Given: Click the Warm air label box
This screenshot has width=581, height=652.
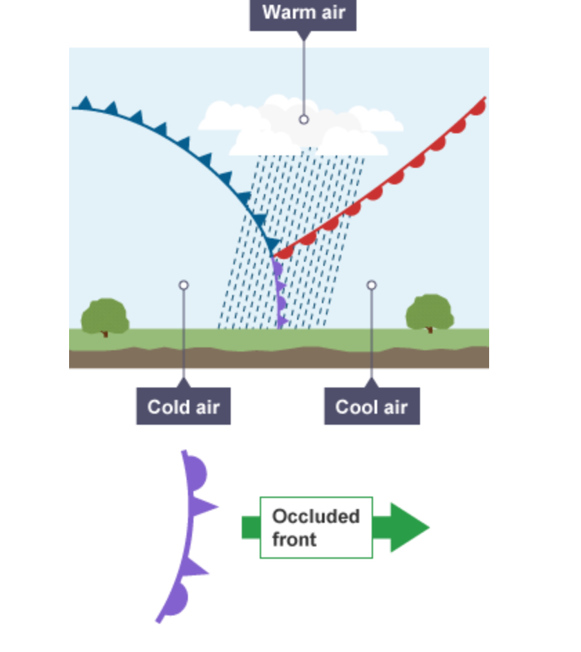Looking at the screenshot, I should (303, 13).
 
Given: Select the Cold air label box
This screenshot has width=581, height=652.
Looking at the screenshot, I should (183, 406).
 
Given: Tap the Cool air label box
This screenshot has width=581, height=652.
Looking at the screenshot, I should (372, 406).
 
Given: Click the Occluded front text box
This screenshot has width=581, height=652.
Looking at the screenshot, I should (316, 528).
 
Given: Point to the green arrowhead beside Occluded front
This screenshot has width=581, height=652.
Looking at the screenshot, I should (408, 528).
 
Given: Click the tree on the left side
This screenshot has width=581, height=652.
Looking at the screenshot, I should (105, 317).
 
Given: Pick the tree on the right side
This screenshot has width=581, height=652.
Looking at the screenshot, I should (429, 313).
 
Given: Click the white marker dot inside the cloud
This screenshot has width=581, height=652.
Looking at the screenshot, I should (304, 119).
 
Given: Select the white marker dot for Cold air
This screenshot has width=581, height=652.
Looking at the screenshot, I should (183, 285).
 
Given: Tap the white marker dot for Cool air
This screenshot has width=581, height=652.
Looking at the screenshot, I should (372, 285).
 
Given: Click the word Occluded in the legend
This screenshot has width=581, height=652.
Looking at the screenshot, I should (316, 517).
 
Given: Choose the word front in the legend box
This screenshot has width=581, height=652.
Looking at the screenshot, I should (294, 539).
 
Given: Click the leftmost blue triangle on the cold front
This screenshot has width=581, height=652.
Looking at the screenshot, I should (84, 104).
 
